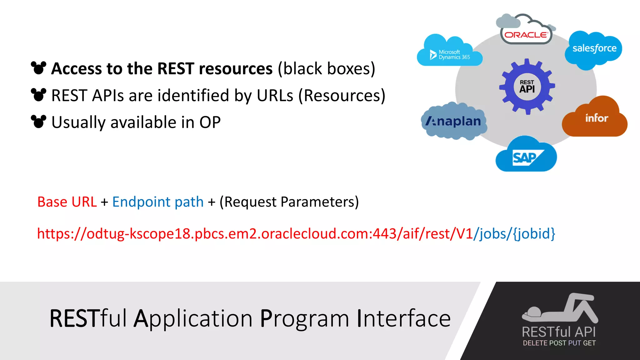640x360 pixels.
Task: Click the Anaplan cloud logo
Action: pyautogui.click(x=454, y=121)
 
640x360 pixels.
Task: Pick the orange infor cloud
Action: pyautogui.click(x=595, y=119)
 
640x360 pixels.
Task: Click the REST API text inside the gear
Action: pyautogui.click(x=527, y=87)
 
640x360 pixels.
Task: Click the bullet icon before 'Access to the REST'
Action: pyautogui.click(x=39, y=68)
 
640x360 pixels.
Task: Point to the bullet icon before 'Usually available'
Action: pyautogui.click(x=39, y=122)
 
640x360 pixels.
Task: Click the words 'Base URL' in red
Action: pyautogui.click(x=67, y=202)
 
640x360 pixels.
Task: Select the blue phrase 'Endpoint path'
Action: pyautogui.click(x=158, y=202)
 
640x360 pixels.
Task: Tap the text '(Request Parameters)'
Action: pyautogui.click(x=289, y=202)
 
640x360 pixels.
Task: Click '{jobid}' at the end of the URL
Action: pyautogui.click(x=534, y=234)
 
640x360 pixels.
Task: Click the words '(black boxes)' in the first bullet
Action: pyautogui.click(x=327, y=68)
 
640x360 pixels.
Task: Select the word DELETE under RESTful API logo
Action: pyautogui.click(x=535, y=343)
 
